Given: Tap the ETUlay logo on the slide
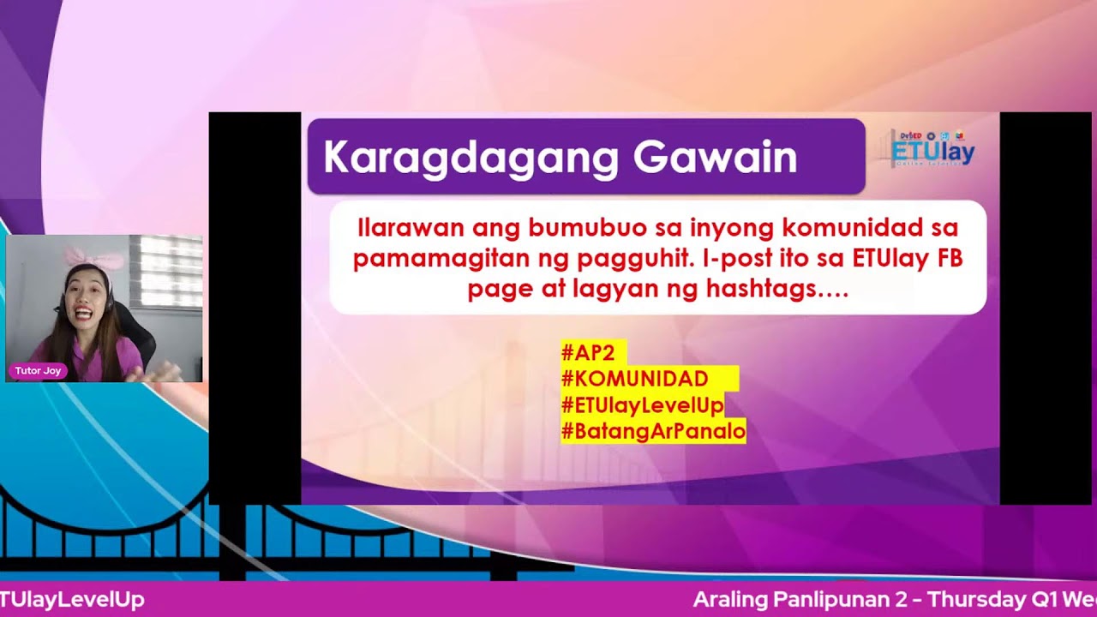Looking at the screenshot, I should coord(932,151).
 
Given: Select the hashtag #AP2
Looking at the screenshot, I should coord(588,353).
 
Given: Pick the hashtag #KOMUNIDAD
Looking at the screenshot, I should coord(634,379).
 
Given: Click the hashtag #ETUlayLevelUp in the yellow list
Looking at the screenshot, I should coord(642,404).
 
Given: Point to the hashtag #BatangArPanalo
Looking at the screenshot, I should coord(653,431).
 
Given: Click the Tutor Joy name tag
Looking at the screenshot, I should coord(38,371).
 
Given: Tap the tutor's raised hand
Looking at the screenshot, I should coord(163,372).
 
